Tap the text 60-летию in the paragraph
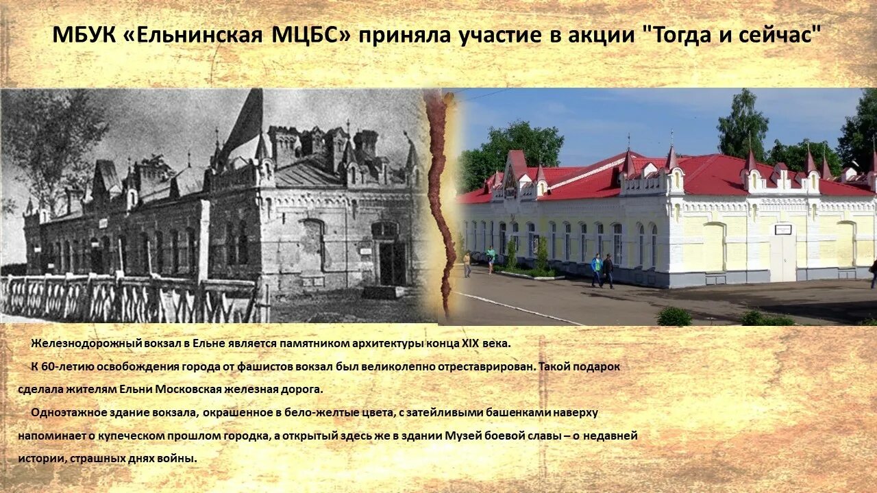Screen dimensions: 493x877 coord(62,366)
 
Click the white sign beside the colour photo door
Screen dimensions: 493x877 coord(782,229)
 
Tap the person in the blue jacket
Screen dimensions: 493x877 coord(596,269)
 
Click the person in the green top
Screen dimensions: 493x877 coord(491,260)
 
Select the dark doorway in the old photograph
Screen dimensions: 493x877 coord(392,263)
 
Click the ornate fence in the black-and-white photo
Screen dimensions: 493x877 coord(123,299)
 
